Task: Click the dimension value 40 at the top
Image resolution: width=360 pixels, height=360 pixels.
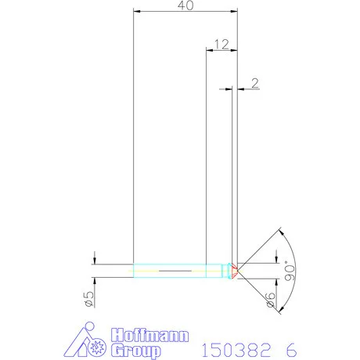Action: pyautogui.click(x=185, y=5)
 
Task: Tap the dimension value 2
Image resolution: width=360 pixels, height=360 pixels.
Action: pyautogui.click(x=256, y=82)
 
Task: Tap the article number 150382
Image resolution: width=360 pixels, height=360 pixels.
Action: pyautogui.click(x=236, y=347)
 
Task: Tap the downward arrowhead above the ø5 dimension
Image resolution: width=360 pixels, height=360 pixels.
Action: pyautogui.click(x=94, y=261)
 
